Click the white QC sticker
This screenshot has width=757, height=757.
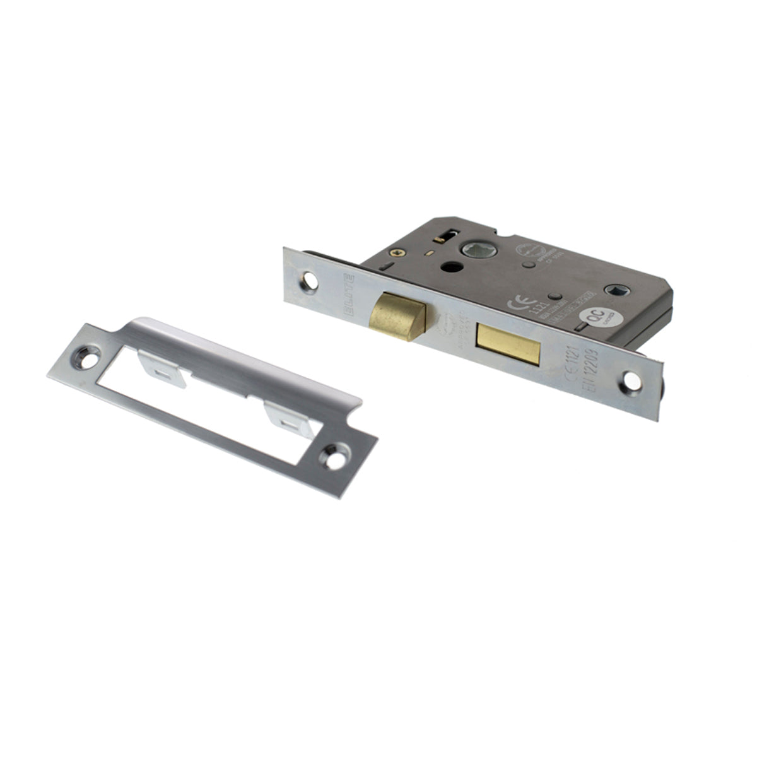[x=594, y=319]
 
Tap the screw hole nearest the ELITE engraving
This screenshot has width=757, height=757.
[x=310, y=277]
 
